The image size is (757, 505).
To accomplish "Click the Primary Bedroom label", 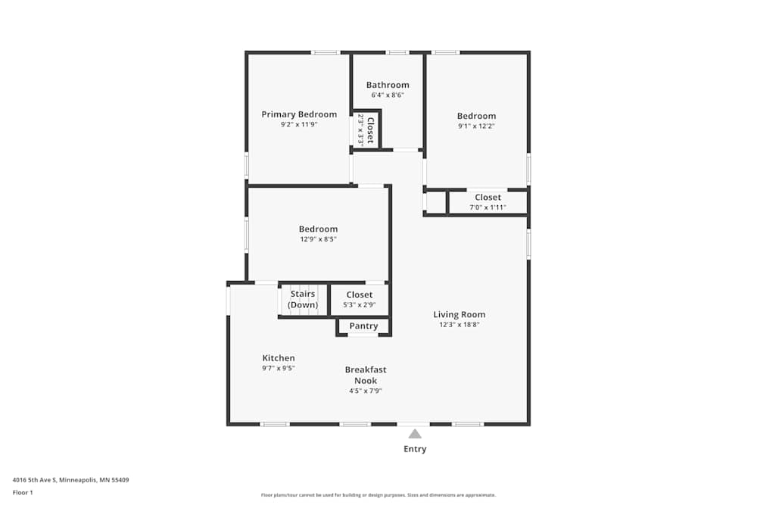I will point(299,114).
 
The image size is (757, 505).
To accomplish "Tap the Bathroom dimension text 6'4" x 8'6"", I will point(388,95).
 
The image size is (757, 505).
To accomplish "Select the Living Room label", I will point(459,314).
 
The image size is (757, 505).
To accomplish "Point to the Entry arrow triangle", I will point(415,434).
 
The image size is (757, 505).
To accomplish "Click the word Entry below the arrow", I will point(415,449).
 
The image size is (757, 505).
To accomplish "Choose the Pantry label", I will point(363,326).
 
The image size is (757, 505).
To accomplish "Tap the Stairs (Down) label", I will point(303,299).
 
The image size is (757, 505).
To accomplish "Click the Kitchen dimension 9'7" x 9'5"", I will point(279,368).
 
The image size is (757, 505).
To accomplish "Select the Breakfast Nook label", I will point(366,375).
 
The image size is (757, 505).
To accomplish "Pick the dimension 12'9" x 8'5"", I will point(318,239).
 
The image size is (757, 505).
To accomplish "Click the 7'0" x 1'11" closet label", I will point(488,207).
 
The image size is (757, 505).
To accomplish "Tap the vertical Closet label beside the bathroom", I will point(370,130).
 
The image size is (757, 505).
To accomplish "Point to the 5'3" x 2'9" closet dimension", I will point(360,305).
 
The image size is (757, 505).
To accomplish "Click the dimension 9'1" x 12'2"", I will point(477,126).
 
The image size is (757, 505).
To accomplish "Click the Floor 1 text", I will point(23,492).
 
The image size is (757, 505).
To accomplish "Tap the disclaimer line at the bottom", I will point(378,494).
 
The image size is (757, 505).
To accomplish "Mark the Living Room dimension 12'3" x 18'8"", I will point(459,325).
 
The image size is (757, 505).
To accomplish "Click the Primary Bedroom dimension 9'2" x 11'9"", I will point(299,124).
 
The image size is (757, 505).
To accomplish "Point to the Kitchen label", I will point(279,358).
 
